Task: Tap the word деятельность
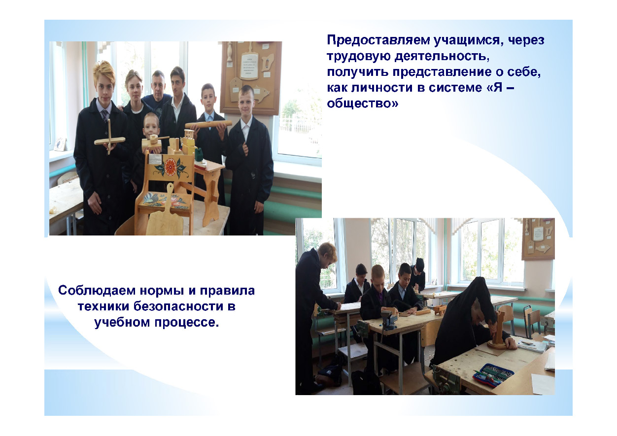[442, 56]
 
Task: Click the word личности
[381, 88]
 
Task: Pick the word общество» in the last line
[363, 103]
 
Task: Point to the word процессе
[186, 323]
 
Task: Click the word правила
[227, 291]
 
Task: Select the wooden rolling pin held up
[208, 125]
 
